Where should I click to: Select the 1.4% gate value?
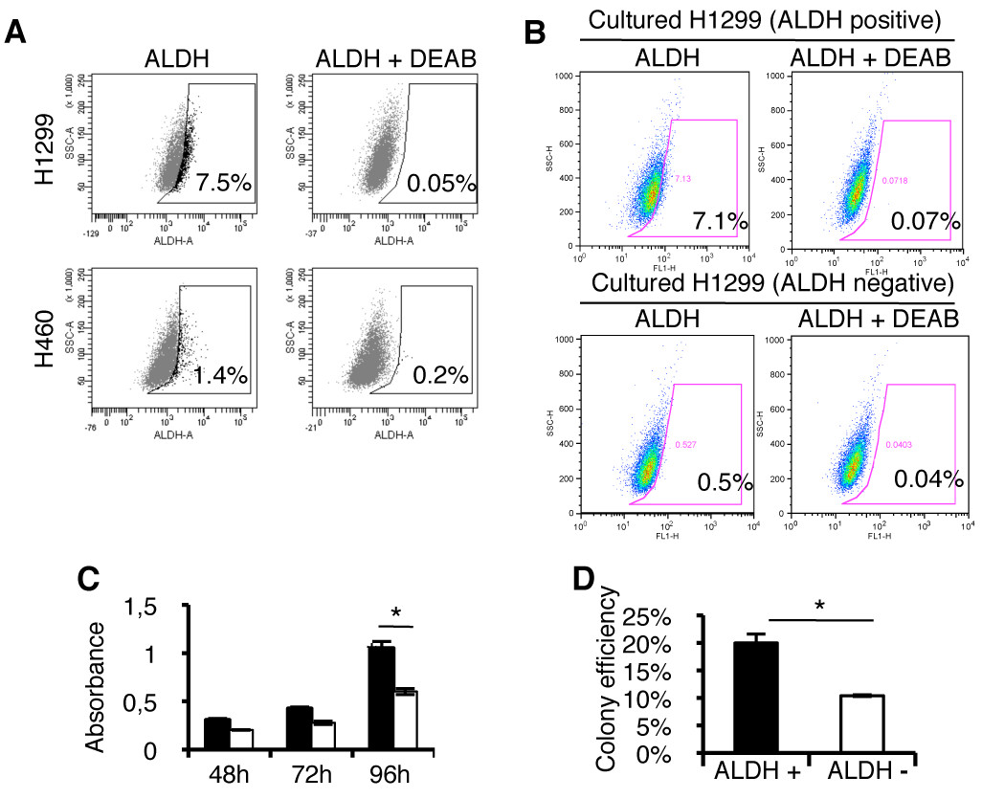219,376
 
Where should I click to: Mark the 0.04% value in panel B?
926,480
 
